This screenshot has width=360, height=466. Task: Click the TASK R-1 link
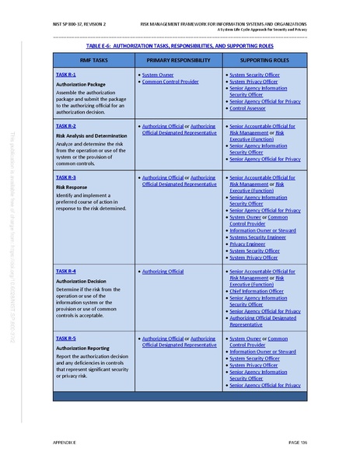pyautogui.click(x=65, y=74)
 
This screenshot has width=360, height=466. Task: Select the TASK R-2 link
pyautogui.click(x=65, y=125)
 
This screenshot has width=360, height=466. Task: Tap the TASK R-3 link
pyautogui.click(x=65, y=177)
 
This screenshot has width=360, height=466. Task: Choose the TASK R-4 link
pyautogui.click(x=65, y=271)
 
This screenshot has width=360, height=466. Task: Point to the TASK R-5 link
pyautogui.click(x=65, y=338)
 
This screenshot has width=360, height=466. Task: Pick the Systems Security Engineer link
pyautogui.click(x=258, y=237)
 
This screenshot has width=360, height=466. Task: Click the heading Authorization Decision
pyautogui.click(x=82, y=281)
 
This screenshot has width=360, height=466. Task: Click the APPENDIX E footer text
pyautogui.click(x=65, y=442)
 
